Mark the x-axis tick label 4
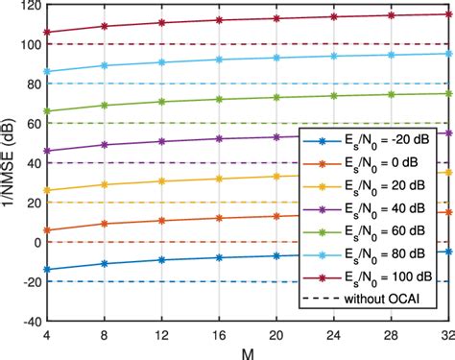pyautogui.click(x=46, y=335)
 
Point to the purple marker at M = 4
pyautogui.click(x=46, y=151)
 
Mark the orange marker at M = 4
pyautogui.click(x=46, y=230)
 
